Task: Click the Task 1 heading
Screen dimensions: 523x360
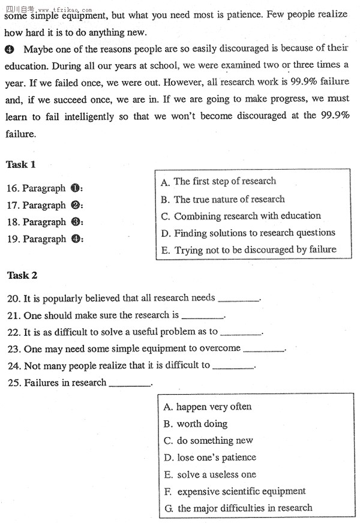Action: click(x=21, y=164)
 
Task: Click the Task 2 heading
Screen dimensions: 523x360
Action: click(x=22, y=275)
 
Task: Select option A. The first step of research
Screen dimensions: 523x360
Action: click(x=219, y=182)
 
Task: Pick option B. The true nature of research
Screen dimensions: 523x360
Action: click(x=223, y=199)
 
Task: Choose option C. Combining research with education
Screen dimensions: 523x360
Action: click(x=241, y=216)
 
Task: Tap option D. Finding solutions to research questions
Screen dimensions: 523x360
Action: click(x=248, y=233)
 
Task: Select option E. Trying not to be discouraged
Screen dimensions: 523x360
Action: click(x=248, y=250)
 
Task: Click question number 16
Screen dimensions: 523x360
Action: click(x=13, y=188)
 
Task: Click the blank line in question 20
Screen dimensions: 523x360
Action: click(x=239, y=299)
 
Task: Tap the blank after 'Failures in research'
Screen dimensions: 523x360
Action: click(x=130, y=384)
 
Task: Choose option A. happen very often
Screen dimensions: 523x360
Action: click(x=208, y=407)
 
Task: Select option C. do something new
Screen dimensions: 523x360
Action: click(x=208, y=440)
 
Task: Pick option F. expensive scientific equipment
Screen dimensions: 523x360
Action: click(x=235, y=491)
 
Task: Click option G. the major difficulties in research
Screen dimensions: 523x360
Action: click(x=238, y=508)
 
